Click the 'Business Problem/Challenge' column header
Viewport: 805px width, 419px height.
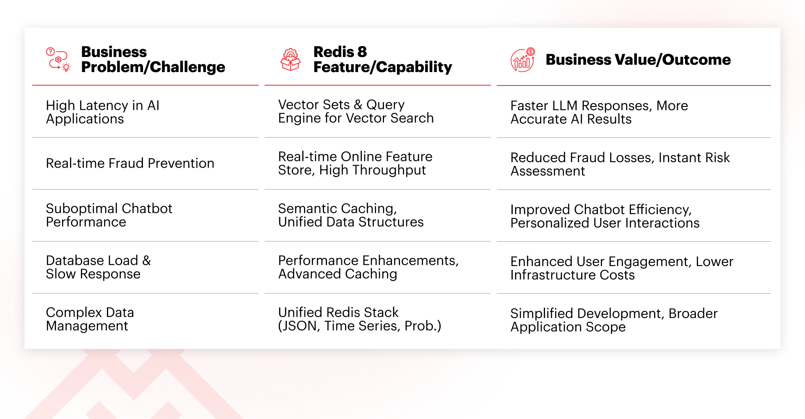[153, 59]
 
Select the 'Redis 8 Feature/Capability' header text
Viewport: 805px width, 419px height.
[382, 59]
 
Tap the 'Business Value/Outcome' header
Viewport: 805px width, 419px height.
[638, 60]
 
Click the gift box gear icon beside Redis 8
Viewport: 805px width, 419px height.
[291, 59]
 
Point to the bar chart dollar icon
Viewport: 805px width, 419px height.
[523, 60]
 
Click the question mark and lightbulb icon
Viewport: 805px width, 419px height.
[58, 59]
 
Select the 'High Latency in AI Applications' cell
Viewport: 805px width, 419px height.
[103, 112]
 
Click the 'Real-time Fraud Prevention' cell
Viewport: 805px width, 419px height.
[130, 163]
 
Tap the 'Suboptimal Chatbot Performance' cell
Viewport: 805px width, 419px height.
[109, 215]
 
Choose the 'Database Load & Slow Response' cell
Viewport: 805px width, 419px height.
[99, 267]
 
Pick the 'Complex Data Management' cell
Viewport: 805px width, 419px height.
[90, 319]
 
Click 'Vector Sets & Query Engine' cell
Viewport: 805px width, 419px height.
[356, 111]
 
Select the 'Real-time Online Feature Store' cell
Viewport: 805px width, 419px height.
[355, 163]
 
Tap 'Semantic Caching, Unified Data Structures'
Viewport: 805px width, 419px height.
[351, 215]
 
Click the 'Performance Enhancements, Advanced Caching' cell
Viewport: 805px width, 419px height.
[369, 267]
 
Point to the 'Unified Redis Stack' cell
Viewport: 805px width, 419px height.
[360, 319]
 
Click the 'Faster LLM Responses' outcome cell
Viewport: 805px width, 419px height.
[599, 112]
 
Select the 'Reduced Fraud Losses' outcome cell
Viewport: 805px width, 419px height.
[620, 164]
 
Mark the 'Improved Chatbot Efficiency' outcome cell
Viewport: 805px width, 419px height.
[605, 216]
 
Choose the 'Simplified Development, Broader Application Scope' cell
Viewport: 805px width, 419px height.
[614, 320]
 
